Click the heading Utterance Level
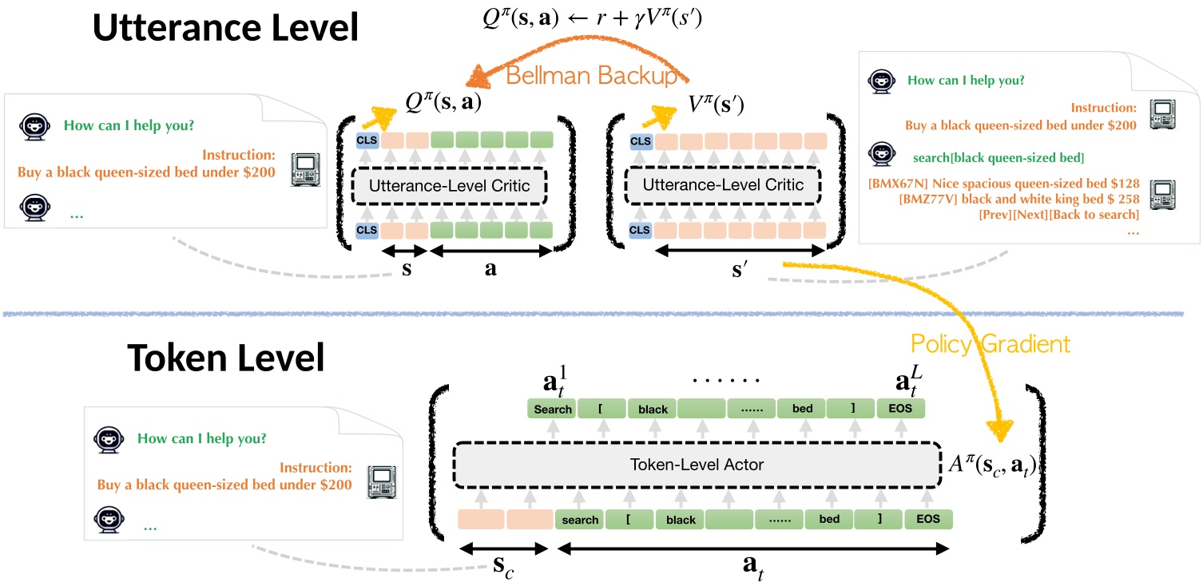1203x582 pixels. tap(225, 29)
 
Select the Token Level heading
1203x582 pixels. tap(225, 358)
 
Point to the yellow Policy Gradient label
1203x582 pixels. tap(990, 344)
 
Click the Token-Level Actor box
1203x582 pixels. tap(697, 464)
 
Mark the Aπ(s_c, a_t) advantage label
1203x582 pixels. tap(990, 464)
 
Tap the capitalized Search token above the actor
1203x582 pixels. tap(553, 409)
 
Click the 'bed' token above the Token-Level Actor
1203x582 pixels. tap(802, 409)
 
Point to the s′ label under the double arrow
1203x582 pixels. tap(740, 271)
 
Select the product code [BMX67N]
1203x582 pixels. tap(897, 184)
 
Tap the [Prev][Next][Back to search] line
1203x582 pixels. tap(1058, 214)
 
